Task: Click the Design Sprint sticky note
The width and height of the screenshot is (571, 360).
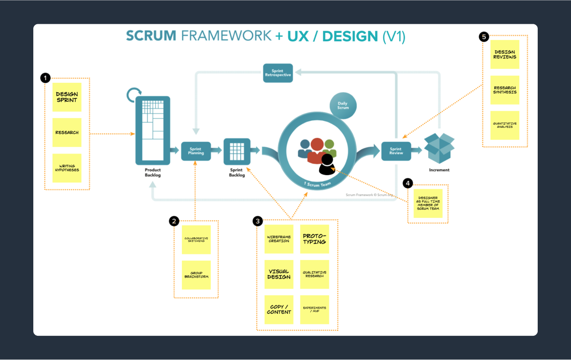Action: (x=67, y=97)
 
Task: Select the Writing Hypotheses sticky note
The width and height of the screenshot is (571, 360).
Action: (x=67, y=168)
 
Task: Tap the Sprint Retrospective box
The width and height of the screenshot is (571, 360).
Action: (x=277, y=73)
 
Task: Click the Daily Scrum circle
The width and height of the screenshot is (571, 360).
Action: (x=343, y=105)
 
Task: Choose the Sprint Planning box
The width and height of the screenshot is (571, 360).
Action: (x=196, y=151)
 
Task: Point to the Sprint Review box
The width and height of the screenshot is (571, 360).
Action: (x=396, y=151)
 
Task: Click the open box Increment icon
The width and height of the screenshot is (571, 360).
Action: (x=439, y=148)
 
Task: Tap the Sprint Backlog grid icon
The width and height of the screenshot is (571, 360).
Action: (x=237, y=152)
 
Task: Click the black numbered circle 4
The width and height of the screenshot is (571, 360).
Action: (x=408, y=183)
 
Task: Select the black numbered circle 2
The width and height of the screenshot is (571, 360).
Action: (x=174, y=221)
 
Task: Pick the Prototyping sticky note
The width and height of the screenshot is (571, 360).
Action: (x=315, y=239)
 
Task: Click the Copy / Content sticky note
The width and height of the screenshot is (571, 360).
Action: (x=279, y=310)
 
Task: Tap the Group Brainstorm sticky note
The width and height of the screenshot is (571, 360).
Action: (x=197, y=275)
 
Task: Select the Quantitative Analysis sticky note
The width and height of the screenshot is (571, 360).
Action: (x=505, y=125)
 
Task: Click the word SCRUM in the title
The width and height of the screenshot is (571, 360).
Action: (x=150, y=36)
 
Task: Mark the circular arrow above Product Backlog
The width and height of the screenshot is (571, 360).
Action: (x=134, y=95)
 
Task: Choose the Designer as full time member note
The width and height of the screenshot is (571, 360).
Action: (x=428, y=204)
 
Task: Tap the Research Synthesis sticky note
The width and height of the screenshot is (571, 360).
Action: (x=505, y=90)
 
